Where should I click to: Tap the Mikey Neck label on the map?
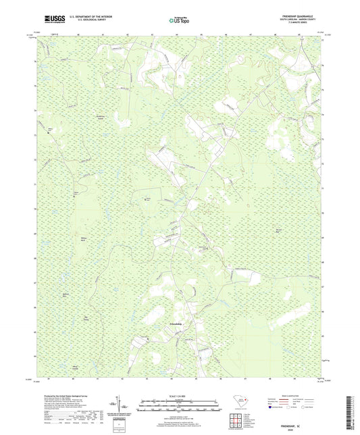coord(84,239)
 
